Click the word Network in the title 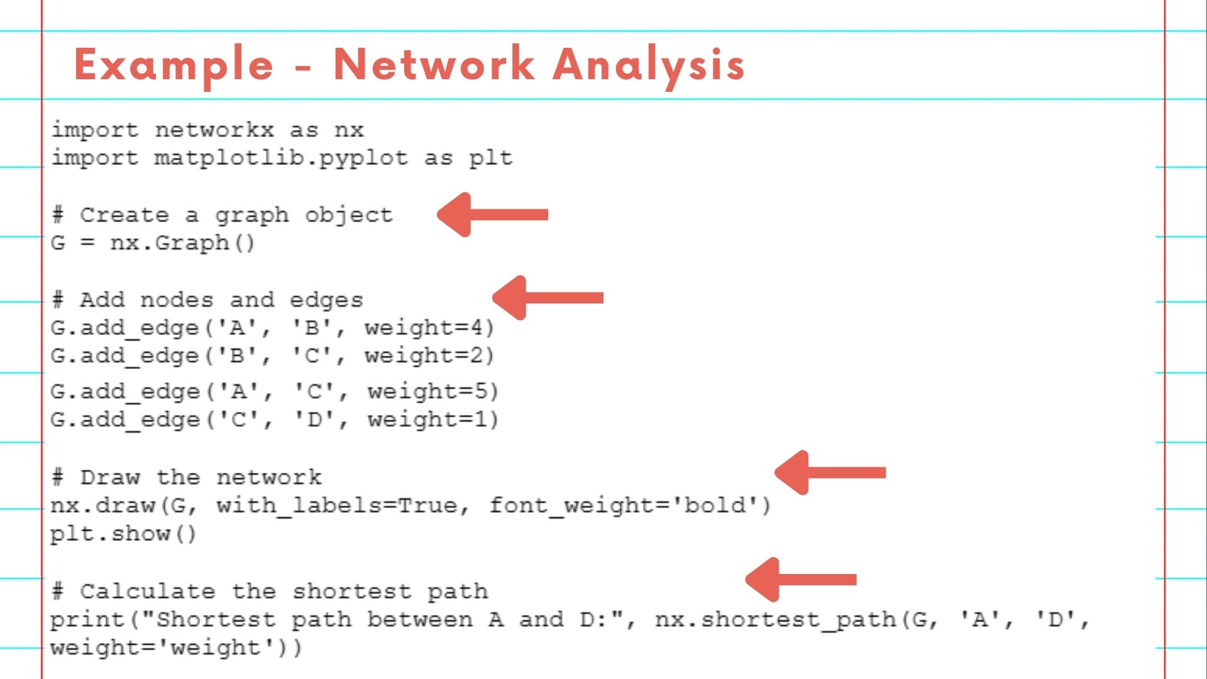coord(434,64)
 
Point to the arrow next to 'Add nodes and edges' coord(548,297)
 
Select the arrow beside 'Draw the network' coord(830,473)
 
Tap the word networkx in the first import coord(214,130)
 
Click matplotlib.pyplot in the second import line coord(281,158)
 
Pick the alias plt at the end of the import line coord(490,158)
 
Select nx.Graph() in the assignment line coord(182,243)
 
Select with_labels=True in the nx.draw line coord(337,505)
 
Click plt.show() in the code coord(123,534)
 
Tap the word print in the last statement coord(87,620)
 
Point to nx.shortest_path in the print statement coord(776,620)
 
